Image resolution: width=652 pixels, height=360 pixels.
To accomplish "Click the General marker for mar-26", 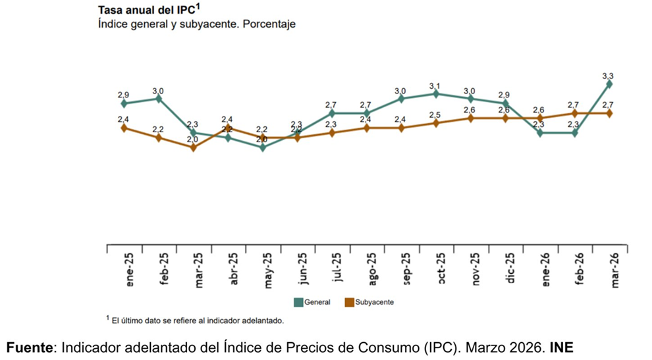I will tap(609, 84).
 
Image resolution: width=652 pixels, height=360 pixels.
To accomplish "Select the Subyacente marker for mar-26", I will tap(609, 113).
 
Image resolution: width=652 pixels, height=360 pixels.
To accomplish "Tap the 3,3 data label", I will tap(609, 76).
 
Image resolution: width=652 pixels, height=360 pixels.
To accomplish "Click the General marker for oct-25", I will tap(436, 93).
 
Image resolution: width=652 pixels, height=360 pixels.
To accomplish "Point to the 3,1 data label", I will tap(435, 86).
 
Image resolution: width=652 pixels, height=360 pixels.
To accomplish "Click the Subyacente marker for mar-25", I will tap(193, 147).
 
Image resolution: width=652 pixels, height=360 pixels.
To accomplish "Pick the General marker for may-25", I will tap(263, 147).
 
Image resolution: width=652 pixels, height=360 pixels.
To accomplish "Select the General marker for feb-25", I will tap(159, 99).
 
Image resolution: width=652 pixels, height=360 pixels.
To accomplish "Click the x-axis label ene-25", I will tap(130, 270).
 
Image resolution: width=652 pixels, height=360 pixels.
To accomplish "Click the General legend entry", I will tap(312, 303).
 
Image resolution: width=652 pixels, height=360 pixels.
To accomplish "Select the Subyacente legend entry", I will tap(369, 303).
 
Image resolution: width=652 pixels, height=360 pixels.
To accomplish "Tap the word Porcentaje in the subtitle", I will tap(269, 24).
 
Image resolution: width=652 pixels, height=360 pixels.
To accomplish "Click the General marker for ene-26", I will tap(540, 133).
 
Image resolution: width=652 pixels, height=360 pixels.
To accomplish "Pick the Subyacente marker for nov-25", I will tap(471, 118).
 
